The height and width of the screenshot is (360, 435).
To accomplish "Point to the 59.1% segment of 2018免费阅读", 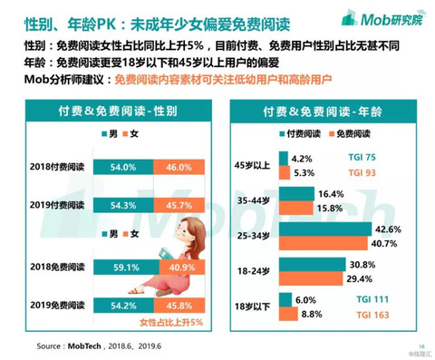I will pyautogui.click(x=128, y=268).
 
